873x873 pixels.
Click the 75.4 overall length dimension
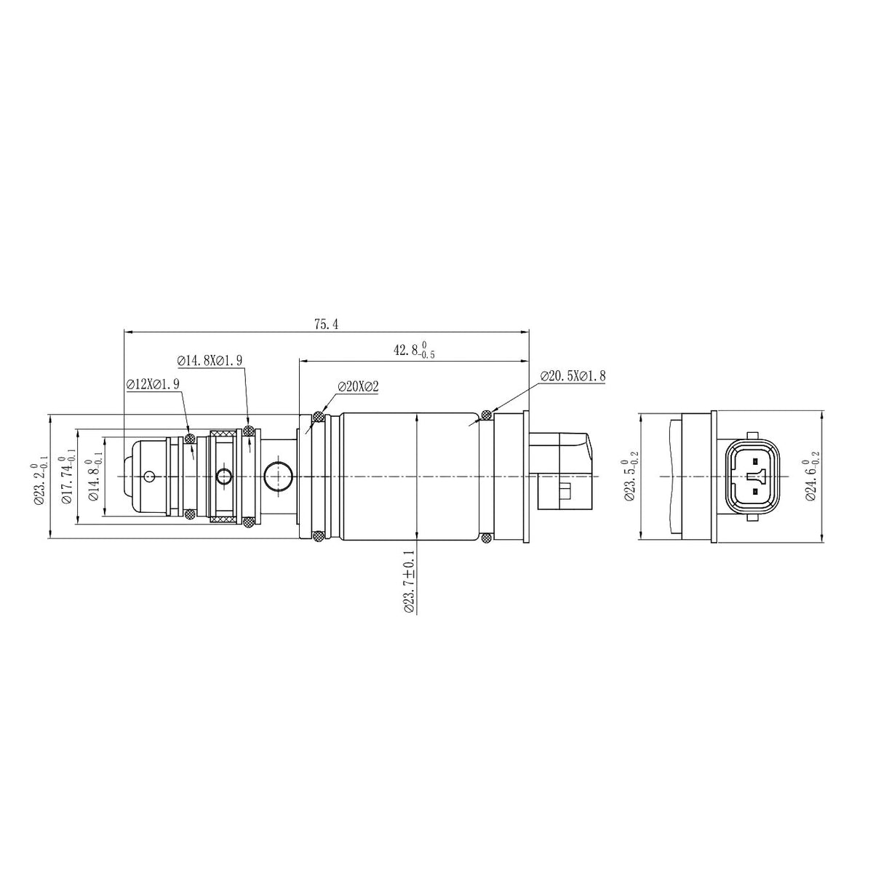click(x=326, y=324)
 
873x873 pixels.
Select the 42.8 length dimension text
click(x=414, y=350)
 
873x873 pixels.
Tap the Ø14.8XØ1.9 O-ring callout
click(x=210, y=361)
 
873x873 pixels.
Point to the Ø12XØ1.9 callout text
click(x=153, y=383)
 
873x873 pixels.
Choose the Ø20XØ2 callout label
click(x=358, y=386)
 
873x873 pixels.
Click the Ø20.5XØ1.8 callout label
click(x=573, y=375)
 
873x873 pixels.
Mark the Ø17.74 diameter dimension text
click(x=67, y=476)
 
